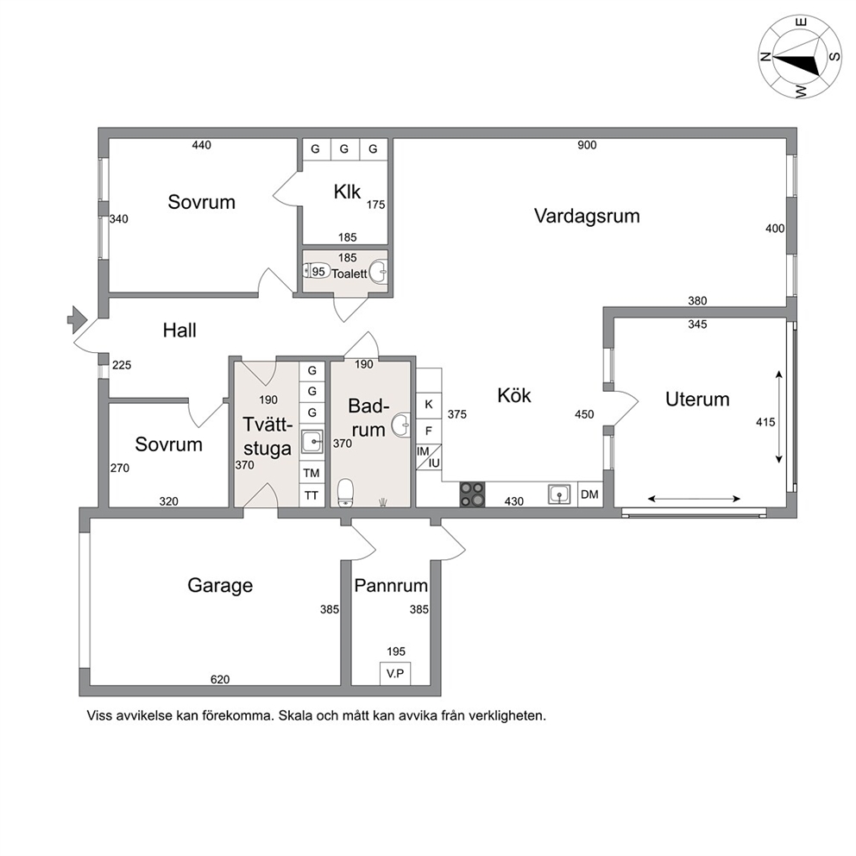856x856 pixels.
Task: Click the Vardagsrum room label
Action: [587, 217]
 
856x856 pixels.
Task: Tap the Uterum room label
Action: [697, 399]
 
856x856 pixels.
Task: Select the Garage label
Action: [220, 586]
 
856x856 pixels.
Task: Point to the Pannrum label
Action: [391, 586]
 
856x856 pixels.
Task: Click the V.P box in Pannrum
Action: [395, 674]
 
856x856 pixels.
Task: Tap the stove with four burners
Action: [472, 494]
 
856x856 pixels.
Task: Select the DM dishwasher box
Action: [589, 494]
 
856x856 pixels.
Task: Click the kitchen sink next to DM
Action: [559, 494]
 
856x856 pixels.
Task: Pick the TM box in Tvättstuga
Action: [312, 473]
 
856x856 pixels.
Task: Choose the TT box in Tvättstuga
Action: [312, 495]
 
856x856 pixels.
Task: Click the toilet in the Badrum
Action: [345, 493]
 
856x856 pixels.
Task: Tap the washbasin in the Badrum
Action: [402, 424]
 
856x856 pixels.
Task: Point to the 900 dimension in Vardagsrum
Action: [587, 145]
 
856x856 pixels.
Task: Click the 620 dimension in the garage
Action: [220, 680]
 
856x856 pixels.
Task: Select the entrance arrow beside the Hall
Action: [77, 320]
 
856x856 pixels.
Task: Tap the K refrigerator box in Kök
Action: [429, 405]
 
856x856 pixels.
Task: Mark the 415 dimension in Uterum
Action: [765, 422]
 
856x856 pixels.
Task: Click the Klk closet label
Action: [347, 192]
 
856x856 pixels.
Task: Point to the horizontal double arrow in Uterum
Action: [694, 499]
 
